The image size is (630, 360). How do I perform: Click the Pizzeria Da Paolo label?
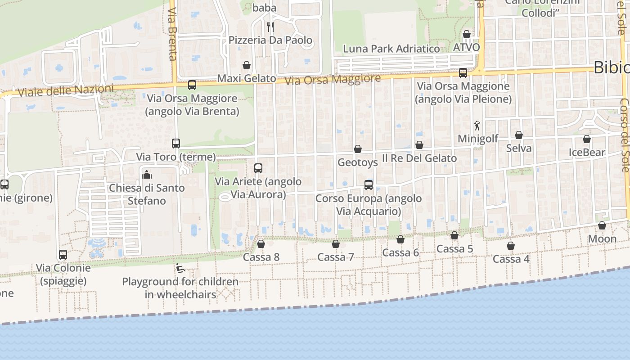tap(270, 40)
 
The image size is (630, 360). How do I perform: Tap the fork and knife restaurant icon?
tap(270, 27)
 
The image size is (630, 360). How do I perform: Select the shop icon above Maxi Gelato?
tap(247, 65)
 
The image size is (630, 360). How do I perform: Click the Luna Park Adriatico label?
tap(391, 49)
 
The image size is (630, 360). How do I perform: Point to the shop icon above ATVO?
tap(467, 34)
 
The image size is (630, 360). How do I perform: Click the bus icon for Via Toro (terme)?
tap(176, 144)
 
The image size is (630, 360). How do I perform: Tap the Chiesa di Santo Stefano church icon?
tap(147, 175)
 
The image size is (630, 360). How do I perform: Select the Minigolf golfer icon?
tap(477, 126)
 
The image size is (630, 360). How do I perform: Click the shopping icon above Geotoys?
tap(358, 149)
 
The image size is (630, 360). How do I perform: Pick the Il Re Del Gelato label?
tap(419, 158)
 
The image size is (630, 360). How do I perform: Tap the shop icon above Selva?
tap(519, 135)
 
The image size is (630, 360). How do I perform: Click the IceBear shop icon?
tap(587, 139)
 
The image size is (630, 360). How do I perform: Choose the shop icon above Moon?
tap(602, 225)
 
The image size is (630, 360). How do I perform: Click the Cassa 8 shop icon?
tap(261, 244)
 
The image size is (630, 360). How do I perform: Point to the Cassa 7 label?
tap(336, 257)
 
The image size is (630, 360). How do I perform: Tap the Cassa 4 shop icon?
tap(511, 246)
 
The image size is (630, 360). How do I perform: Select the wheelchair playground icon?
tap(180, 269)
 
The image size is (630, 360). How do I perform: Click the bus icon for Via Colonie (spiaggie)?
tap(63, 255)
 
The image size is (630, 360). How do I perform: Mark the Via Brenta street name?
tap(172, 34)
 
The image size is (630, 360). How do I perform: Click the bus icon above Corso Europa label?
tap(369, 184)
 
